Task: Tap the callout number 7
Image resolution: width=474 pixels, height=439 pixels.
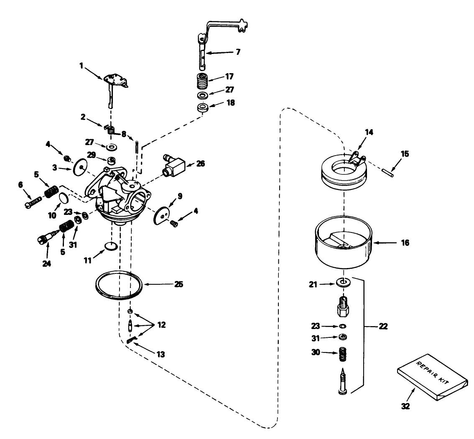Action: pos(238,53)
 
